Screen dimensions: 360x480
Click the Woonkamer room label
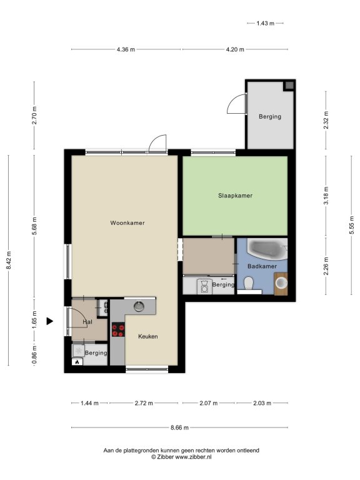(127, 223)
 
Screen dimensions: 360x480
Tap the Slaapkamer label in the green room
(235, 196)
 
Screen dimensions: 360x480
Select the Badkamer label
(262, 266)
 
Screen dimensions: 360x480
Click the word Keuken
(148, 336)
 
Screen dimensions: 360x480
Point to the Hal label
(87, 322)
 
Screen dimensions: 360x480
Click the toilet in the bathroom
(249, 283)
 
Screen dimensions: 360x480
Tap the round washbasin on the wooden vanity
(281, 283)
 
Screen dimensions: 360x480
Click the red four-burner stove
(118, 330)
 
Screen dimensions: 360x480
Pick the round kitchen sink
(139, 306)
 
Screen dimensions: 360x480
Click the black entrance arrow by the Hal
(49, 321)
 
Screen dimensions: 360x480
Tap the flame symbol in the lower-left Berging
(77, 362)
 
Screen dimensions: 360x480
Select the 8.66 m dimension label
(179, 427)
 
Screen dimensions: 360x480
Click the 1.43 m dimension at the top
(266, 23)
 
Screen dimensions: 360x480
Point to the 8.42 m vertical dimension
(9, 260)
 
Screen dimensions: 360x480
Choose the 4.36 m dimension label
(126, 49)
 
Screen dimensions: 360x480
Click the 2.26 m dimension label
(326, 266)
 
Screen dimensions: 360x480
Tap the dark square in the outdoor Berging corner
(289, 86)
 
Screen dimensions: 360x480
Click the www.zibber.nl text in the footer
(193, 457)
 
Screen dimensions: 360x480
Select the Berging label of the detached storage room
(270, 117)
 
